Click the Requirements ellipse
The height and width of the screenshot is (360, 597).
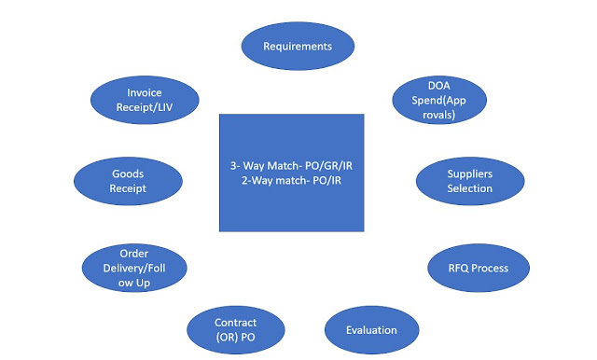[298, 46]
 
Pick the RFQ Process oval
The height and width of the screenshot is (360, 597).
[479, 268]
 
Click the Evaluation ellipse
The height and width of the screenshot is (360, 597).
[371, 329]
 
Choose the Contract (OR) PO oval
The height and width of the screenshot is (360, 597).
[235, 328]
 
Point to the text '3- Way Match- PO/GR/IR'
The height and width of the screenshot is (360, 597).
[292, 165]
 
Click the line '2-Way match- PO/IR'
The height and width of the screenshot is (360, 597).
[292, 180]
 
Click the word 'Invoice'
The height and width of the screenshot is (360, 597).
[145, 91]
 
